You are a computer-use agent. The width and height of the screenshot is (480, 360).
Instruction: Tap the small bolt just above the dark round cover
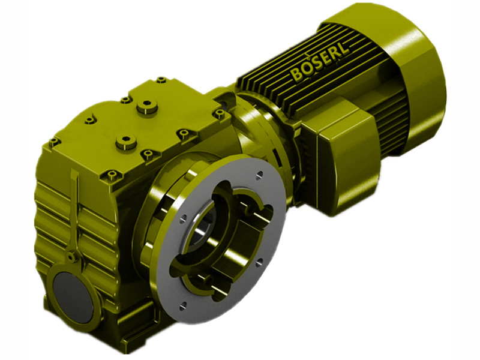(71, 257)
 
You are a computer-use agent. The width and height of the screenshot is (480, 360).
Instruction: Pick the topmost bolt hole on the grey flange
(259, 175)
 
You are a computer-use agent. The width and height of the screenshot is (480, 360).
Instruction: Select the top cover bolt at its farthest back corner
(160, 79)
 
